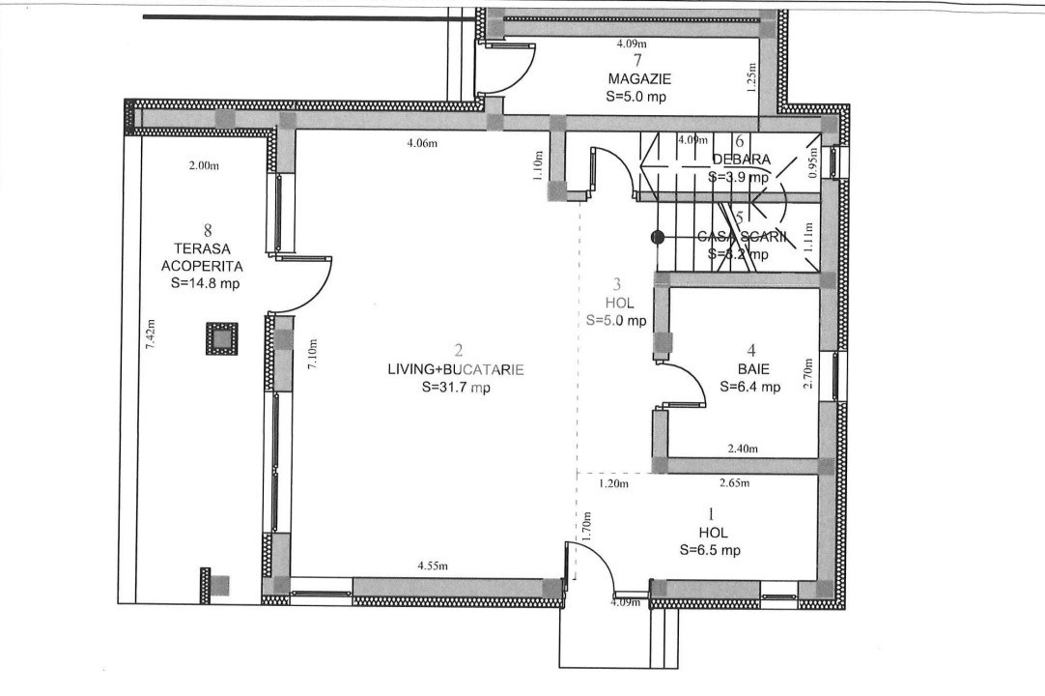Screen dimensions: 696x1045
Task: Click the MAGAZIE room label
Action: point(639,78)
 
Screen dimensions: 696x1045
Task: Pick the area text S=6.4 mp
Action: point(749,387)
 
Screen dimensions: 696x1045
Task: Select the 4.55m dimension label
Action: point(433,565)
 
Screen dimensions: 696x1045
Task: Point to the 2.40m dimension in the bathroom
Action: point(743,449)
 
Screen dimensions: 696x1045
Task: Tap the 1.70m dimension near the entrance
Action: point(585,526)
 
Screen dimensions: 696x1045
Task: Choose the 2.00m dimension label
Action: point(204,165)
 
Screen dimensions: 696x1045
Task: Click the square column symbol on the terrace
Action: point(221,339)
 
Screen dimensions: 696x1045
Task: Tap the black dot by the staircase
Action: point(657,235)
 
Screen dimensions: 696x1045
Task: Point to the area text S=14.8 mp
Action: point(205,283)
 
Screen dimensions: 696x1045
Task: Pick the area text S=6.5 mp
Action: point(710,550)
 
